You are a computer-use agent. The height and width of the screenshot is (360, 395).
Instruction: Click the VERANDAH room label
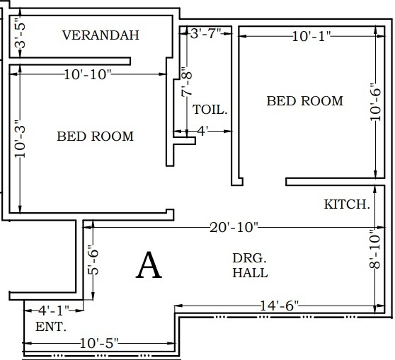(x=101, y=35)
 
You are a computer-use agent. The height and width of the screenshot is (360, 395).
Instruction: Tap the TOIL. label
(x=210, y=110)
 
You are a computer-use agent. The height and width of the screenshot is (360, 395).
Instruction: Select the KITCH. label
(x=347, y=204)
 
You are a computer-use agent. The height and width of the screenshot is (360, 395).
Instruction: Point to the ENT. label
(x=51, y=327)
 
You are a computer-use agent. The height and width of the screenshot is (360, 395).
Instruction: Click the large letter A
(x=149, y=265)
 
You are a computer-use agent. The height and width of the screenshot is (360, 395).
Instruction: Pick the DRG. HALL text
(x=250, y=266)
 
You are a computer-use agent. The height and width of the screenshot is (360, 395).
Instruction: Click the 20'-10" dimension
(x=234, y=227)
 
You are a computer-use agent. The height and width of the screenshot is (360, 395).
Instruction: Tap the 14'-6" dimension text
(x=279, y=306)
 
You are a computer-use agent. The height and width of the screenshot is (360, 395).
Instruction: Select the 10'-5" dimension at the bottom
(x=99, y=343)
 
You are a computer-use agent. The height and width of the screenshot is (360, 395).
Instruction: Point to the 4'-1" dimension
(x=54, y=310)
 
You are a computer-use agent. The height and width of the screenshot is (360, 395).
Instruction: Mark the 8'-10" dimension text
(x=374, y=248)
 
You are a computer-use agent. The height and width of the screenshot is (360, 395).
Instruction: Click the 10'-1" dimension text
(x=311, y=36)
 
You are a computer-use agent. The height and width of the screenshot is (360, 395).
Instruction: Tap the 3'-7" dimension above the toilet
(x=206, y=33)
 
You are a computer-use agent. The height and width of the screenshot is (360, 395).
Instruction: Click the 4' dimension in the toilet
(x=202, y=131)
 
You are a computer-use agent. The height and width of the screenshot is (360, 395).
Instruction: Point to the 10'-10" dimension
(x=87, y=74)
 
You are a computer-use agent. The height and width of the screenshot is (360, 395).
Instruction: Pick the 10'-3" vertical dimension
(x=20, y=139)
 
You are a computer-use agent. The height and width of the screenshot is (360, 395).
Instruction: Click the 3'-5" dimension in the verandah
(x=21, y=33)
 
